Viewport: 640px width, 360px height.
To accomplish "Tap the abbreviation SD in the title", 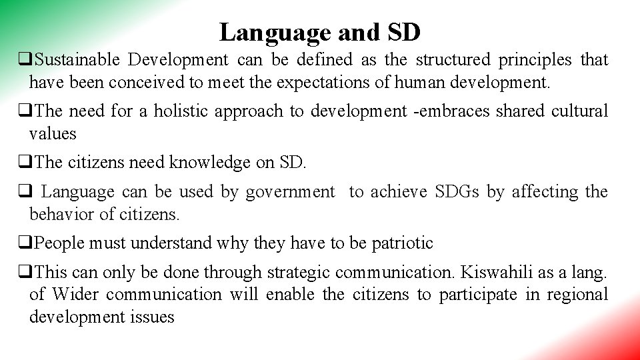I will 403,31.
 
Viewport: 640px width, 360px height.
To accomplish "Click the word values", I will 53,133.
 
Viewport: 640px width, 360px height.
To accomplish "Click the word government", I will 290,192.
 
